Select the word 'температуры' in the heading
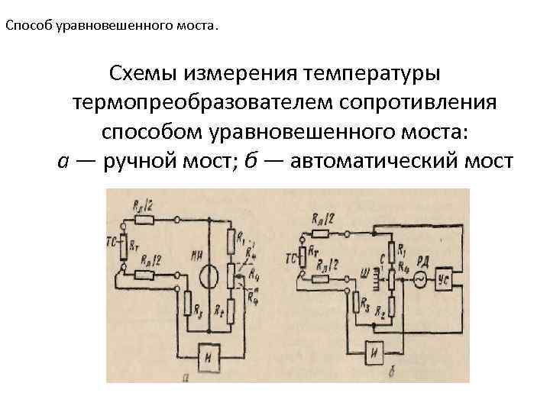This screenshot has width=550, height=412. pyautogui.click(x=373, y=75)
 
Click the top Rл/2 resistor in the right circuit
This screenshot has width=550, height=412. pyautogui.click(x=322, y=231)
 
